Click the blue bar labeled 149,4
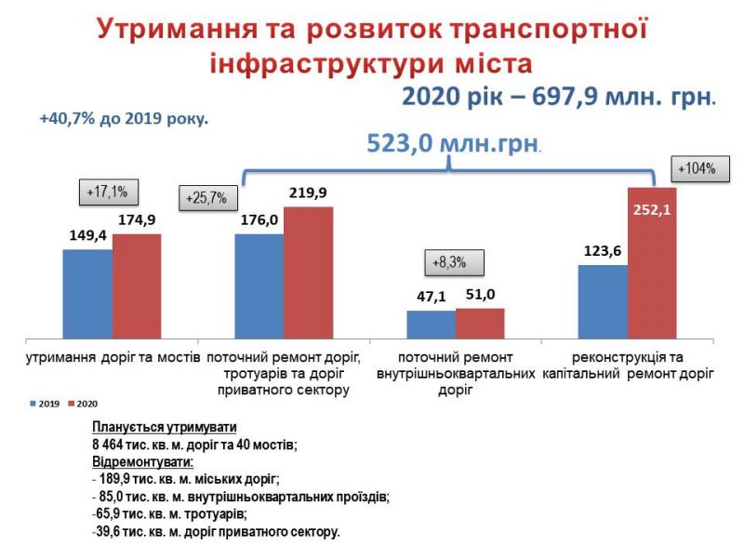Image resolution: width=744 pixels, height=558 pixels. [x=87, y=293]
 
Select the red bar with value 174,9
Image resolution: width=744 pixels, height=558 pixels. [x=137, y=286]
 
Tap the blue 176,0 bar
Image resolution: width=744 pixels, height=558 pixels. [x=259, y=286]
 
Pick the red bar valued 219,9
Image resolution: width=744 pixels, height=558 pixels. [x=308, y=272]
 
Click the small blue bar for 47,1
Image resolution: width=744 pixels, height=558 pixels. [x=431, y=324]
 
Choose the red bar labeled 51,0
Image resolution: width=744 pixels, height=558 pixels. [x=480, y=323]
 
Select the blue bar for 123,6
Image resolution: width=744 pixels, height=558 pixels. [x=603, y=301]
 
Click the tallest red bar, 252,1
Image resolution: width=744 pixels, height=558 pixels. [x=652, y=262]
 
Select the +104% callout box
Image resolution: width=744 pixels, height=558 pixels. [x=696, y=169]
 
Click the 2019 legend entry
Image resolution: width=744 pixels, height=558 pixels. [x=46, y=404]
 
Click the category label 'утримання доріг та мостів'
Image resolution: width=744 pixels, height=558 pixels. [x=112, y=357]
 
